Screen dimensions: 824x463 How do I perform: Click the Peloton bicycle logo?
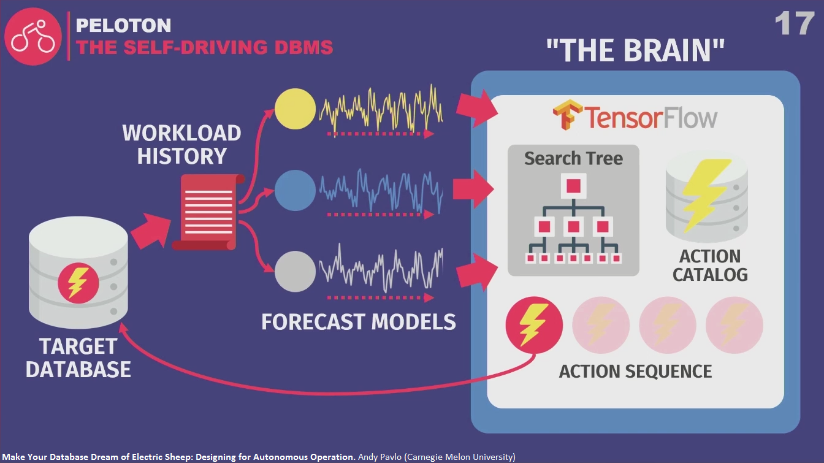click(33, 36)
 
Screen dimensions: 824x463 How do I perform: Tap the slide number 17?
click(794, 23)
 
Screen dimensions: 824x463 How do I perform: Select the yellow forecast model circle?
click(295, 109)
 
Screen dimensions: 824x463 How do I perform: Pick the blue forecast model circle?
click(295, 190)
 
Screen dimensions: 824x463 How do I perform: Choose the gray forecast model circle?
click(295, 272)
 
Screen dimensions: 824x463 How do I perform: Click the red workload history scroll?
click(208, 212)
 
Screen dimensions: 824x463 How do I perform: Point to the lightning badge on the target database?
click(78, 283)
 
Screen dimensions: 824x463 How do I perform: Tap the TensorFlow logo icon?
click(567, 115)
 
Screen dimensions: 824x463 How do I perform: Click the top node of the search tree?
click(573, 186)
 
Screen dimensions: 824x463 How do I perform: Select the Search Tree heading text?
click(573, 159)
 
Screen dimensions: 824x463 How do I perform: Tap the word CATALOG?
click(710, 275)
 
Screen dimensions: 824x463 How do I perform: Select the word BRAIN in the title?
click(671, 50)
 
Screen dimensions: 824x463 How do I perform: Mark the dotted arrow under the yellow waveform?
click(381, 134)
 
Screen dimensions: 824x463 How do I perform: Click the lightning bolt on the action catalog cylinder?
click(706, 195)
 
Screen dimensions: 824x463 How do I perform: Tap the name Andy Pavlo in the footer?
click(380, 457)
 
